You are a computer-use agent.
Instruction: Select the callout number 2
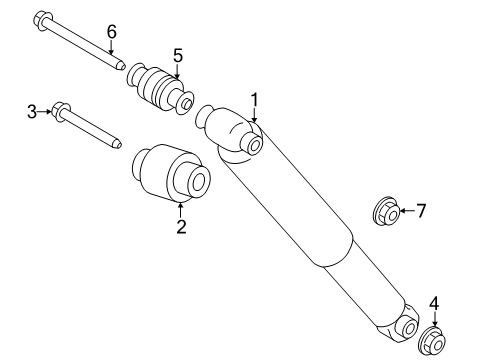(181, 227)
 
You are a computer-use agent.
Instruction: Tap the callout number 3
(32, 112)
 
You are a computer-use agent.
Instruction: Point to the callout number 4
(434, 303)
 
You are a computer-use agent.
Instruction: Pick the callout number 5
(178, 55)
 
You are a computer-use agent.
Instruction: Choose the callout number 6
(112, 32)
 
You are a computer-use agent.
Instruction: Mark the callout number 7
(421, 211)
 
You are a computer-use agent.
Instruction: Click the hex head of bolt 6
(43, 21)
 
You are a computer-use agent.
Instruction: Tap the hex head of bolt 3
(61, 112)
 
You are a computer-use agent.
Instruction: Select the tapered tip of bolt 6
(121, 65)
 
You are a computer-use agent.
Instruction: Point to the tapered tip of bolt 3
(117, 144)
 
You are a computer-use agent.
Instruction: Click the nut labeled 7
(386, 211)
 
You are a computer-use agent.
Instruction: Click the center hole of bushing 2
(199, 182)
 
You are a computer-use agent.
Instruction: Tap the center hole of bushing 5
(187, 104)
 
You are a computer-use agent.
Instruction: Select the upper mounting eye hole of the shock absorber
(255, 145)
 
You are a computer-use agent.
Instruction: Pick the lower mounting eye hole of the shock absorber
(409, 329)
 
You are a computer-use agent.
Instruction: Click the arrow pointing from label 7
(407, 211)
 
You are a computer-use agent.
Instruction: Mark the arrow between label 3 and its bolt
(44, 112)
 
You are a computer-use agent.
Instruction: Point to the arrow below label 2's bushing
(181, 211)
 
